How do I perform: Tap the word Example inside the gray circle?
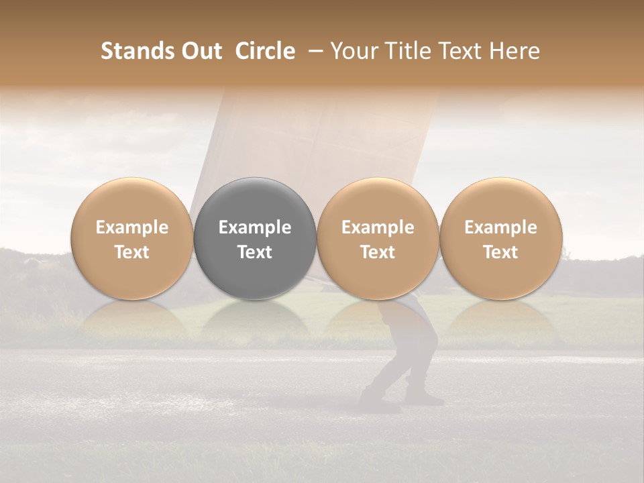click(255, 227)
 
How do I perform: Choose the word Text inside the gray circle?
click(255, 252)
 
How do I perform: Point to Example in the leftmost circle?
click(132, 227)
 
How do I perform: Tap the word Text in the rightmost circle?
click(501, 252)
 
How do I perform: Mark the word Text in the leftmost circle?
click(132, 252)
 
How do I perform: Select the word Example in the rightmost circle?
click(501, 227)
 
